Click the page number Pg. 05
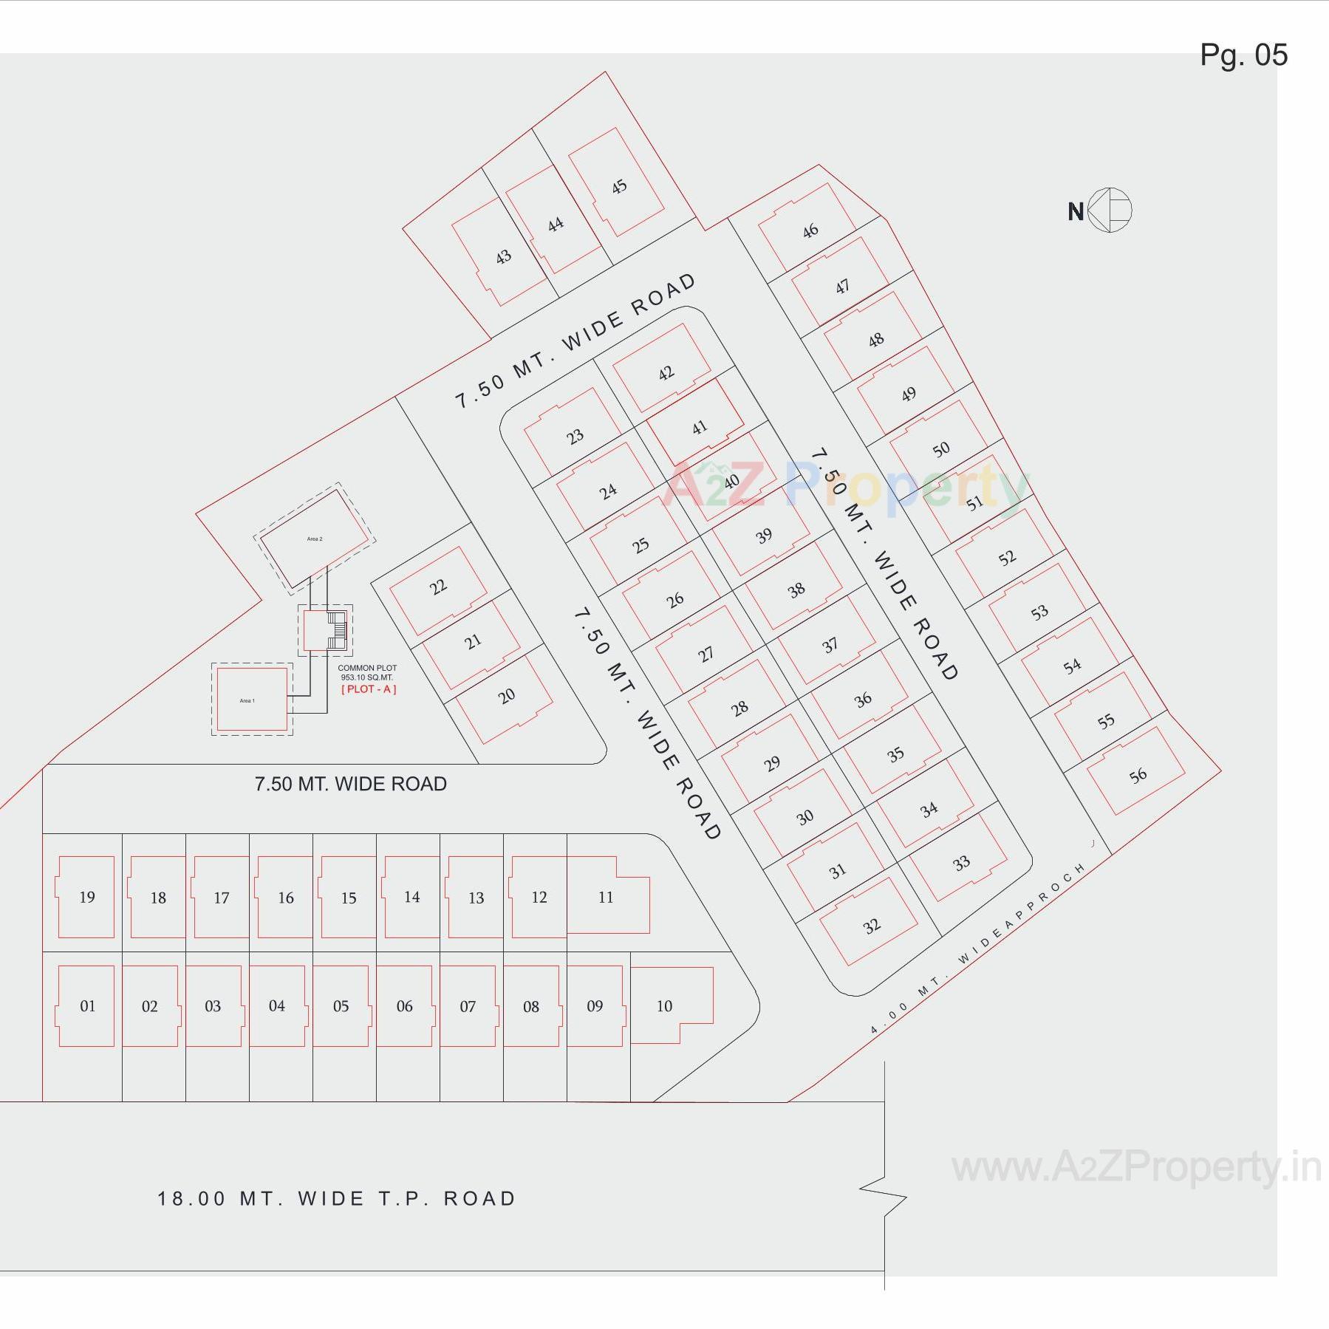[x=1243, y=55]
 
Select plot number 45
[x=619, y=186]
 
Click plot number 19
[x=87, y=897]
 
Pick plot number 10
[x=664, y=1006]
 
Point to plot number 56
[x=1138, y=775]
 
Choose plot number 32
[x=872, y=926]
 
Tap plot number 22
[x=438, y=587]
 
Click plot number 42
[x=666, y=373]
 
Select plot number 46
[x=810, y=230]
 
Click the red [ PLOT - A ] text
[x=369, y=689]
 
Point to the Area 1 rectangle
[x=251, y=700]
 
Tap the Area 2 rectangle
[x=315, y=539]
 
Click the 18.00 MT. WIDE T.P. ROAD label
[x=336, y=1198]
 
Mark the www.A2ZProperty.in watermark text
[x=1135, y=1169]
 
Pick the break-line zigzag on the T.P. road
[x=884, y=1198]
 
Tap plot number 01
[x=87, y=1006]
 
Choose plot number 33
[x=960, y=863]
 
